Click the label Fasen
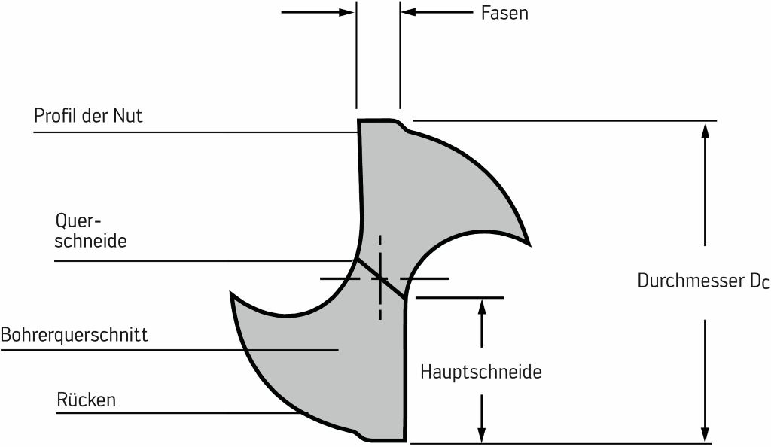504,13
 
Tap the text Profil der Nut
88,116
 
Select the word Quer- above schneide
78,221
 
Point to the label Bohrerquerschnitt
75,335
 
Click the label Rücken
87,400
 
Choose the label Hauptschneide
481,372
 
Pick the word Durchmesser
691,281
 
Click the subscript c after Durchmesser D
765,284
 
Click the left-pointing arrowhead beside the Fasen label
409,12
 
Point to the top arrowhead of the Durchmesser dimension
705,131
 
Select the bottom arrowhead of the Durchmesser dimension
705,435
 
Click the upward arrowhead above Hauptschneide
482,308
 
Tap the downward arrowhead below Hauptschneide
482,435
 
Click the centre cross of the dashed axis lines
380,279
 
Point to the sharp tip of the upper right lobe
529,244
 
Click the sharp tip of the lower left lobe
231,294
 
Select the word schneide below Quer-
90,241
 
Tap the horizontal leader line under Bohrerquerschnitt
169,350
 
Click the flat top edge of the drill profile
376,120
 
